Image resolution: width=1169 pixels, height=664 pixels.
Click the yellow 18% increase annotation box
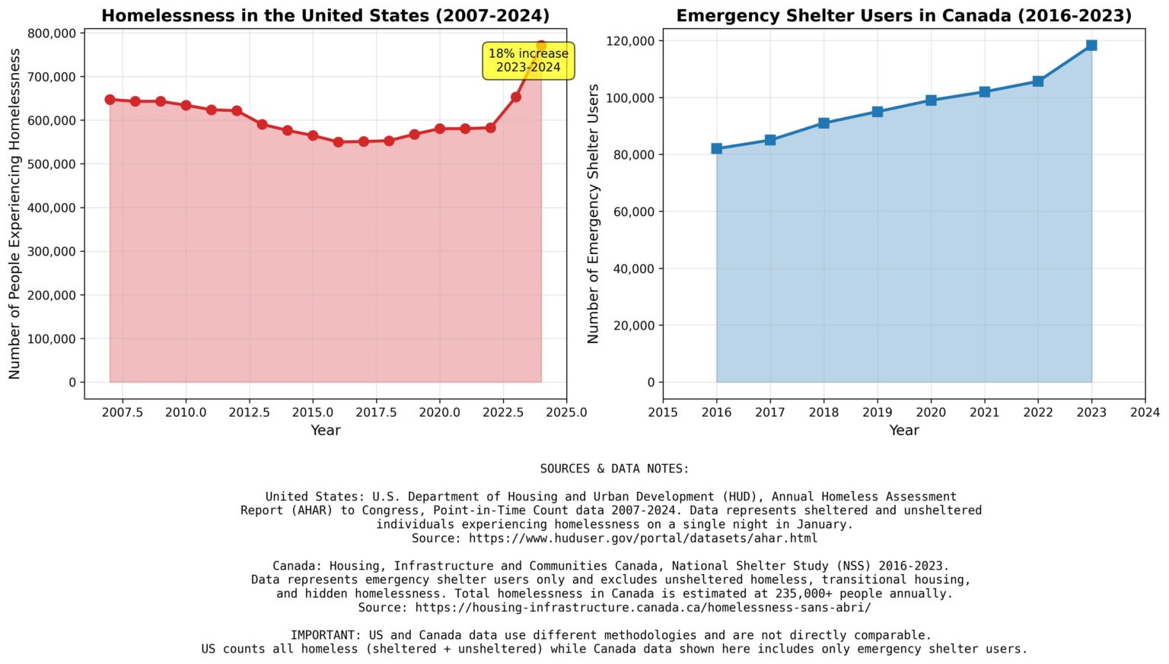tap(528, 61)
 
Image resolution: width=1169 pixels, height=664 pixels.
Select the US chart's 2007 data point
tap(110, 100)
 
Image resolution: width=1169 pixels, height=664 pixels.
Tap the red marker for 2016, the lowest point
tap(338, 142)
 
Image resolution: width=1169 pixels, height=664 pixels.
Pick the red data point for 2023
tap(515, 97)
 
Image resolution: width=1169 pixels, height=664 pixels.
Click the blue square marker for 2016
tap(716, 148)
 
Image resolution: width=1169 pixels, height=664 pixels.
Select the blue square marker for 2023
tap(1091, 46)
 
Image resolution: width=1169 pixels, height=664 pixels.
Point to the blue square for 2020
tap(931, 100)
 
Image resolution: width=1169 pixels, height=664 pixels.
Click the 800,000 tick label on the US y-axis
tap(52, 33)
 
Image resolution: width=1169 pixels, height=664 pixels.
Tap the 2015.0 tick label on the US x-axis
tap(313, 412)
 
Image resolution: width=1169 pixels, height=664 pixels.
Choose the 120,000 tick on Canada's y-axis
tap(630, 41)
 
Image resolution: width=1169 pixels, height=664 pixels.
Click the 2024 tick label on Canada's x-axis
tap(1145, 412)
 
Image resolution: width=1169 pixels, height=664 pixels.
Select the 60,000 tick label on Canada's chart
tap(633, 211)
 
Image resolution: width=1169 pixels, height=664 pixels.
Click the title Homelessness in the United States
tap(325, 16)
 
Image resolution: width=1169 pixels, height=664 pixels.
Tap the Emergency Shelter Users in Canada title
tap(904, 16)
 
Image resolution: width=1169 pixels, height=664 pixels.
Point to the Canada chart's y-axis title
tap(593, 214)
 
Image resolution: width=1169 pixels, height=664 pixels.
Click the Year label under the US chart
tap(325, 430)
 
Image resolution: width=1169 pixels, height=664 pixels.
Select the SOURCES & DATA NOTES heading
tap(614, 469)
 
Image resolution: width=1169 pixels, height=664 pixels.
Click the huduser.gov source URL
tap(643, 539)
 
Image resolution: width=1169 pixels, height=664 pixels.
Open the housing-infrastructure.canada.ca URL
tap(643, 608)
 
